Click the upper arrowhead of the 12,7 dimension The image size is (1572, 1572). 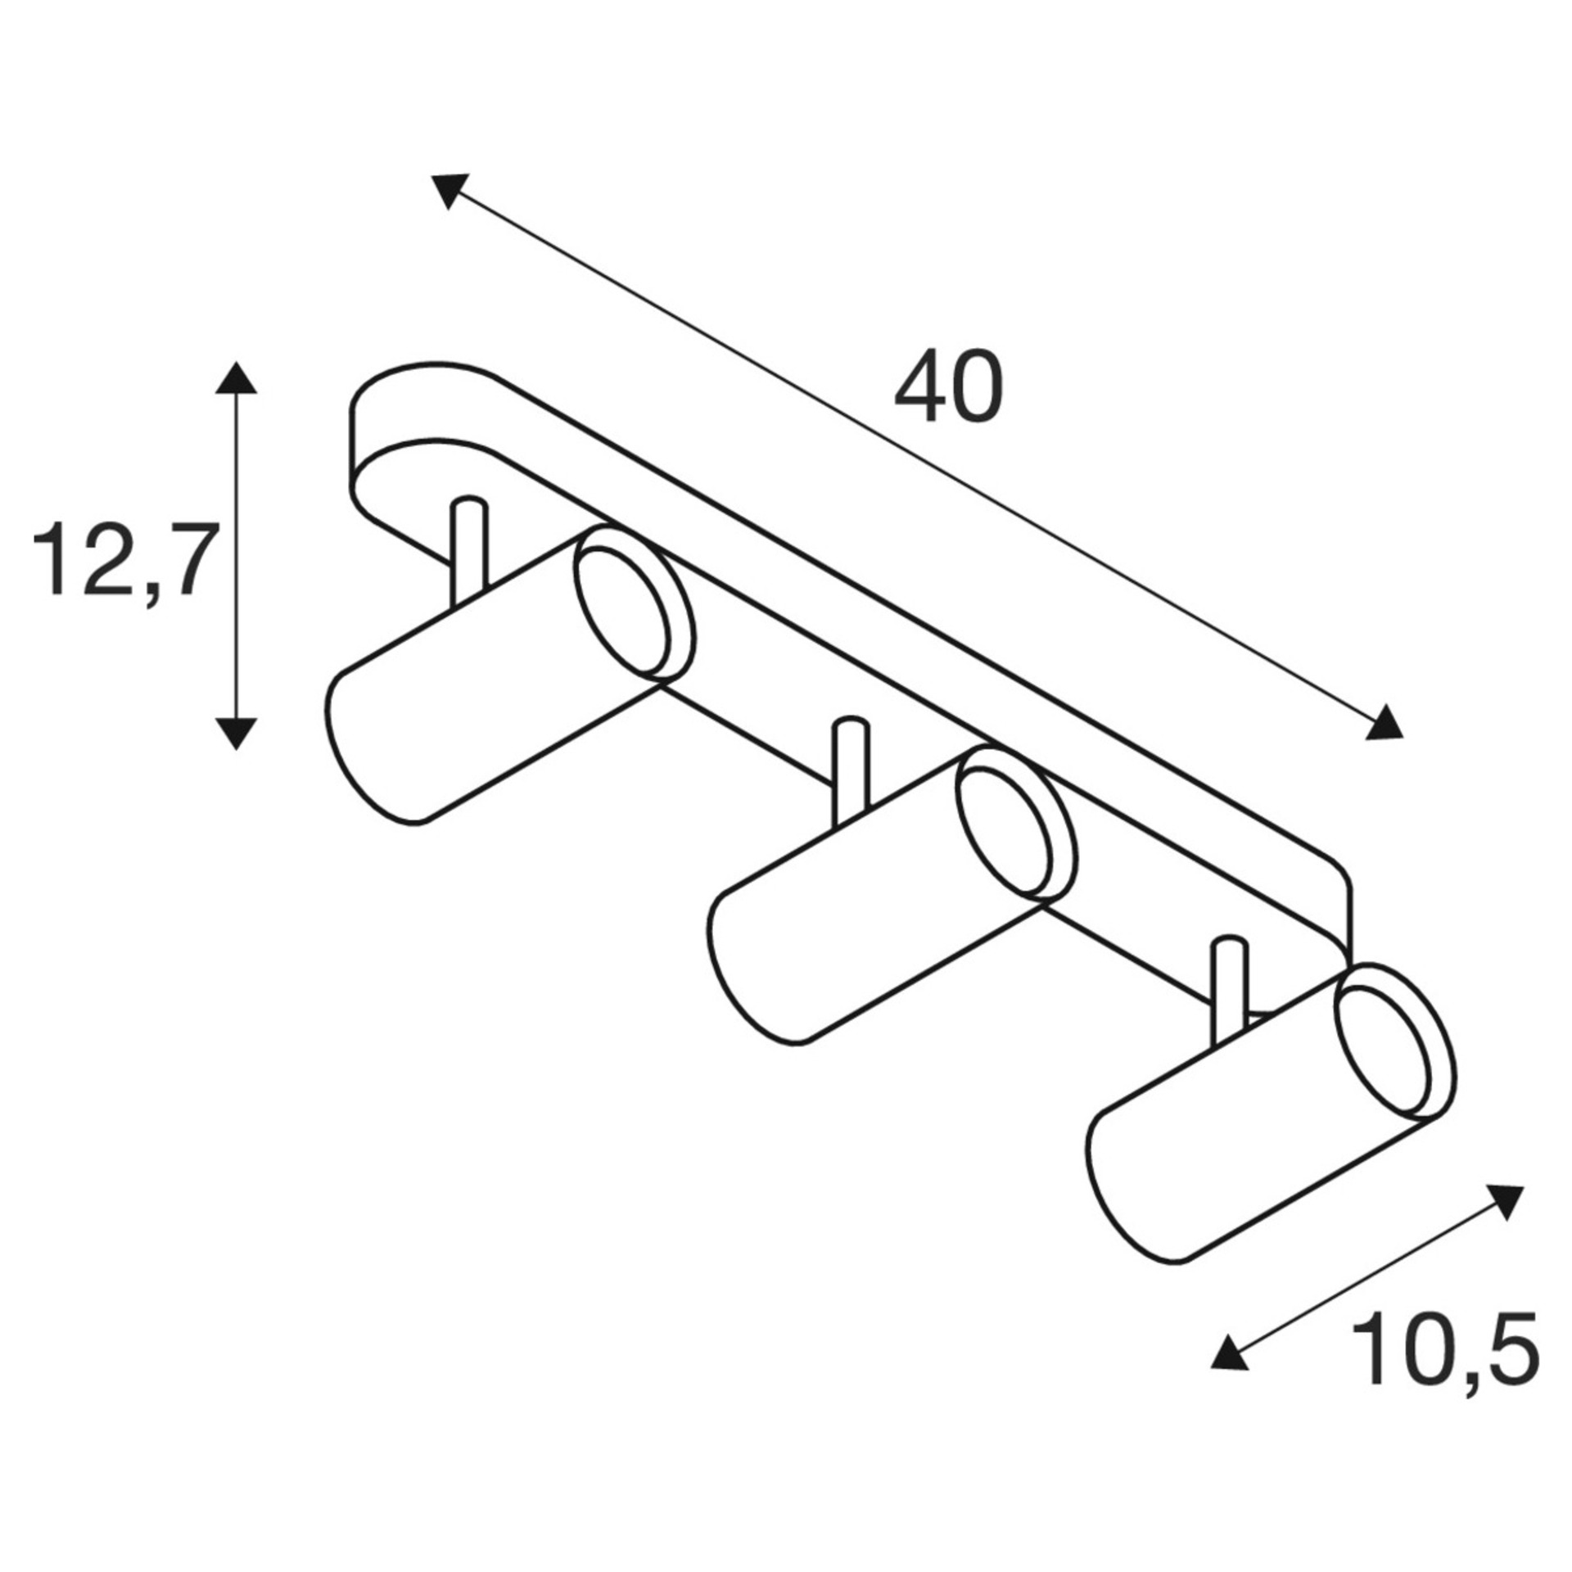237,378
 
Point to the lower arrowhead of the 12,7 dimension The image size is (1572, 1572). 237,733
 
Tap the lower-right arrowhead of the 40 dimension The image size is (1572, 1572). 1384,721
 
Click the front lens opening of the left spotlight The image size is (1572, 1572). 624,605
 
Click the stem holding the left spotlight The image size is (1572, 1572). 469,549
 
